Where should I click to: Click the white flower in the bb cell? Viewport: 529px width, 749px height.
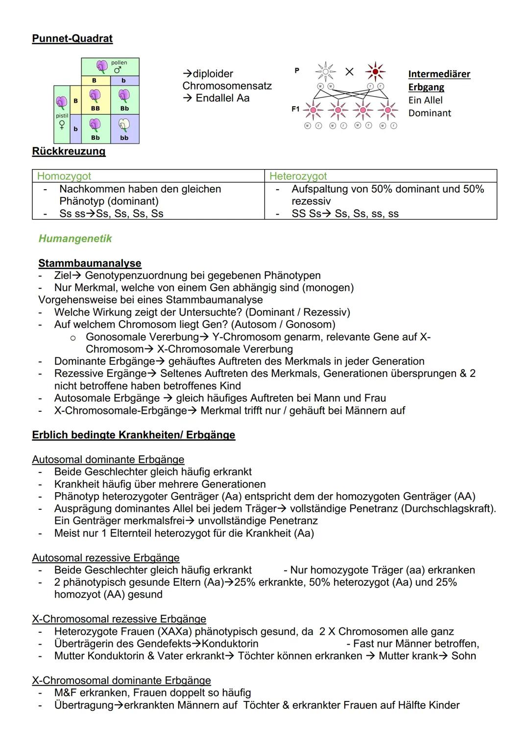point(124,126)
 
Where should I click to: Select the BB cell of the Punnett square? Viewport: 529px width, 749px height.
point(96,100)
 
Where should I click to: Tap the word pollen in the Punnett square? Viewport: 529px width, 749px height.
point(119,63)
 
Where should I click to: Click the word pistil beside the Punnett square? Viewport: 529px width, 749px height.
point(62,116)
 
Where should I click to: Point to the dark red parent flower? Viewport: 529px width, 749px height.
point(376,72)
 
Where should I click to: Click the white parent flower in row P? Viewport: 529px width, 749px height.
point(325,72)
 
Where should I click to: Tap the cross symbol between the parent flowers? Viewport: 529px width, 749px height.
point(349,72)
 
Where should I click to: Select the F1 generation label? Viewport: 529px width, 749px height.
point(295,109)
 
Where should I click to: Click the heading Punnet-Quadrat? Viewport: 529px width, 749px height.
point(72,38)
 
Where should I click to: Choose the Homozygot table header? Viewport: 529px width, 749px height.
point(64,176)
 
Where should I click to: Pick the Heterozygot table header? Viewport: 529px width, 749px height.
point(298,176)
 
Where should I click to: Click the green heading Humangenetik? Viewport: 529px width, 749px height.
point(75,239)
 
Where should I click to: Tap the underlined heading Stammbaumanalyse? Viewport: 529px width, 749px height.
point(90,263)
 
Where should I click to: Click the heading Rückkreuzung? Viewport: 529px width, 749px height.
point(69,151)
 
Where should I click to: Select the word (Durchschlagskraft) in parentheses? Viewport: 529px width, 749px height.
point(448,508)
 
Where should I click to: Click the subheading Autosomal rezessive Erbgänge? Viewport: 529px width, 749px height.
point(106,558)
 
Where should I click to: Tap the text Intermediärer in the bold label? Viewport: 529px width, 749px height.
point(439,74)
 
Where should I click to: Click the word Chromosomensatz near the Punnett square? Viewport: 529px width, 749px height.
point(227,86)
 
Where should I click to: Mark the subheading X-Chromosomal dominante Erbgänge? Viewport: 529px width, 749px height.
point(121,680)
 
